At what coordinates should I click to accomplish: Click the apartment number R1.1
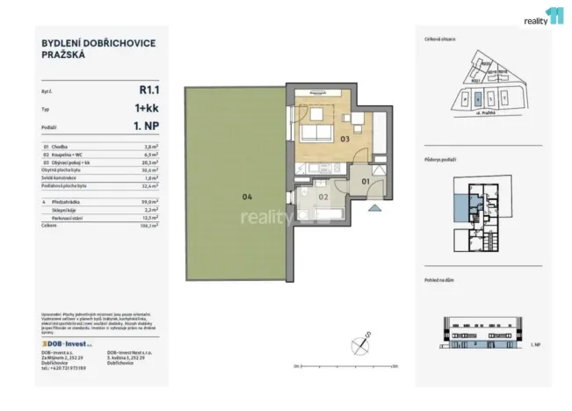pyautogui.click(x=148, y=89)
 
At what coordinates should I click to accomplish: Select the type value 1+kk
pyautogui.click(x=146, y=108)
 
